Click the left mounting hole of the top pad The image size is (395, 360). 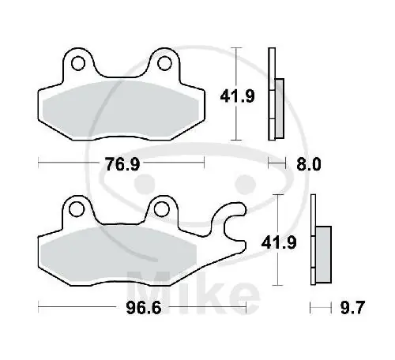pos(77,62)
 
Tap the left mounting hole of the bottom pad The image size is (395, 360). pos(77,208)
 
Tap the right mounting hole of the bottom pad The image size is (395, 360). pos(162,208)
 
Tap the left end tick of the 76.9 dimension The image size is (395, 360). pos(39,163)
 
